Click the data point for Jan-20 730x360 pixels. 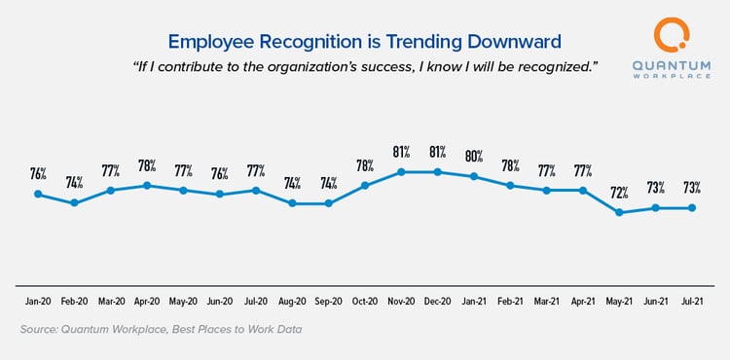[38, 194]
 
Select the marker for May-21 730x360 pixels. [619, 212]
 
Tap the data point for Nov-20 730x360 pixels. [401, 172]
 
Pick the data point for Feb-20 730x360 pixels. [74, 202]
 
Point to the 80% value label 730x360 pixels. [473, 156]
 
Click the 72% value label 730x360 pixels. [619, 191]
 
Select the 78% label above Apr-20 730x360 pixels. [147, 164]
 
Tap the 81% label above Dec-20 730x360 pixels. [437, 152]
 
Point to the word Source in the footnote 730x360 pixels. [41, 330]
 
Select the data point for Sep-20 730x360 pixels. [328, 203]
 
